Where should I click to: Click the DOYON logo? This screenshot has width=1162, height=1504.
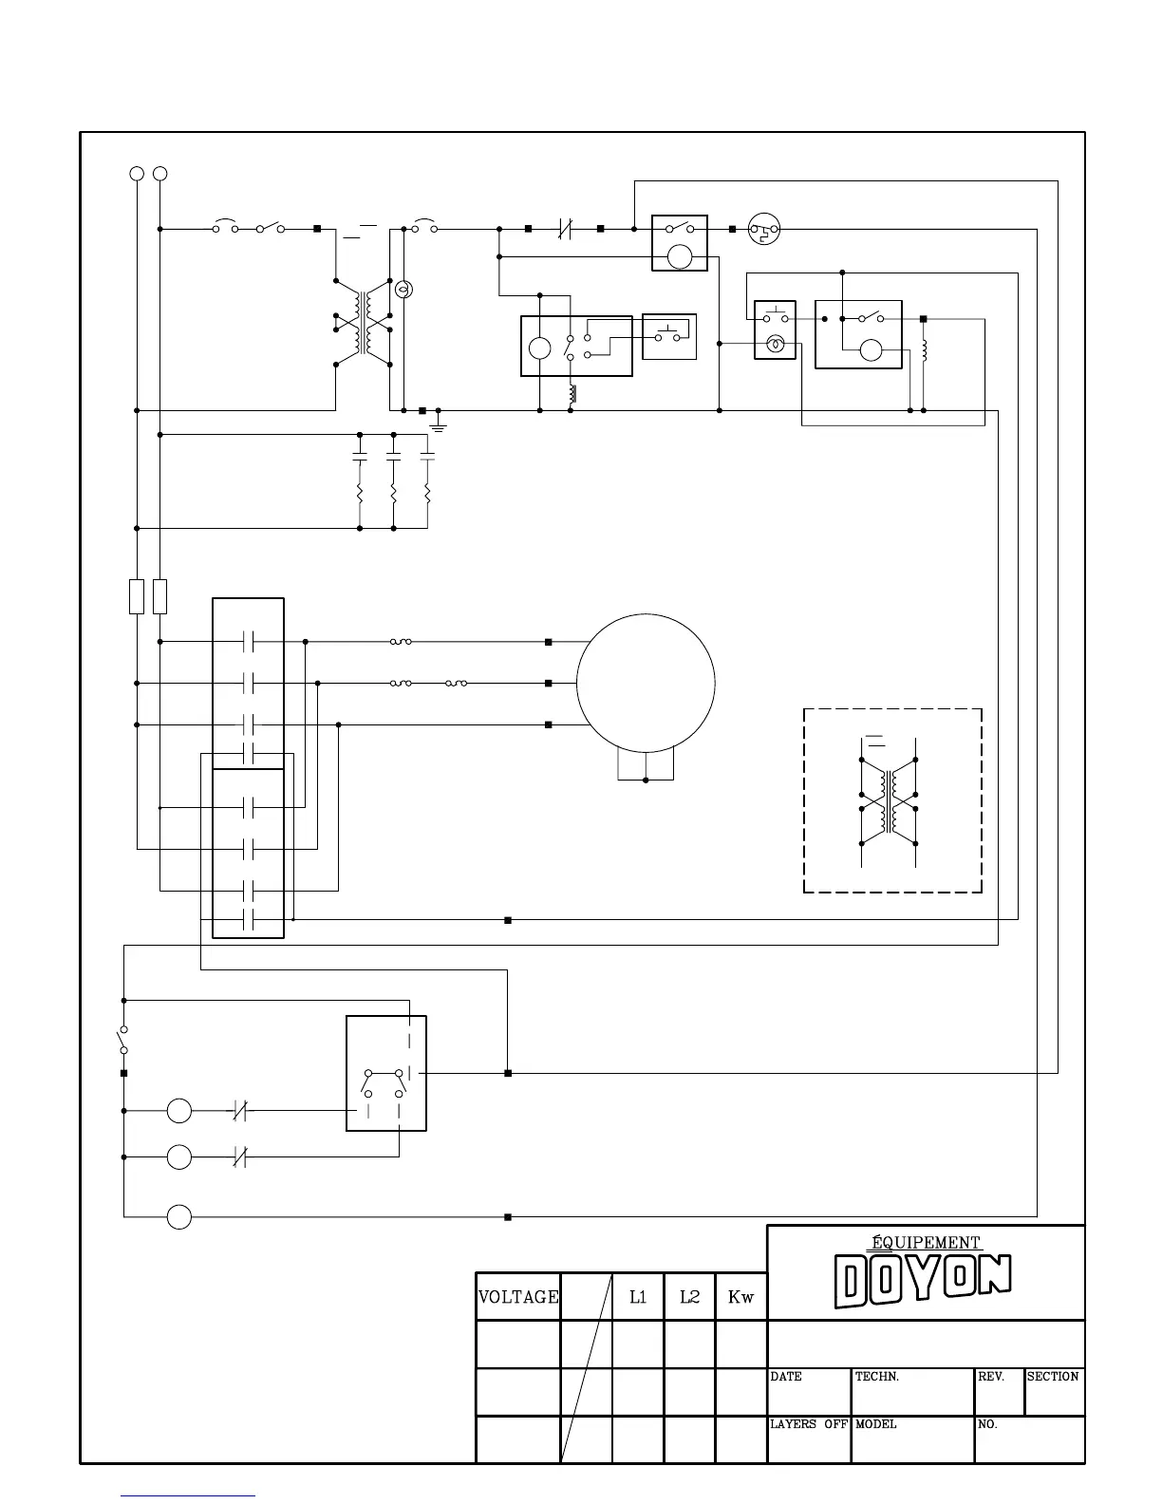tap(923, 1280)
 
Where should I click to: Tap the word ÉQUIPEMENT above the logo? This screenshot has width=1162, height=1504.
tap(926, 1242)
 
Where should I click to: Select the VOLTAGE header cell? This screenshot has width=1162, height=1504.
tap(517, 1297)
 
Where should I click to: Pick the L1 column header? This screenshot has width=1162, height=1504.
tap(638, 1297)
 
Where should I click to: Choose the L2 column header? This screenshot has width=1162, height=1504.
tap(689, 1297)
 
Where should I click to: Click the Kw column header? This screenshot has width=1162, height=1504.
tap(740, 1297)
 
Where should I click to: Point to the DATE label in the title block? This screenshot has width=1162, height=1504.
tap(786, 1377)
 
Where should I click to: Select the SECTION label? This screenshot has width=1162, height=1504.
tap(1053, 1377)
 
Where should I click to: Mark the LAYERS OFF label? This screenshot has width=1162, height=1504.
tap(808, 1424)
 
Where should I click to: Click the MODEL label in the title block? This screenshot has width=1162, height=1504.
tap(875, 1424)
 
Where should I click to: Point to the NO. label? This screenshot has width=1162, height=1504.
tap(987, 1424)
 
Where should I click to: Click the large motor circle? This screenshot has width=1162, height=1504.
tap(646, 684)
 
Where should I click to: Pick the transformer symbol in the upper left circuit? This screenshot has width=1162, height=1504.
tap(363, 323)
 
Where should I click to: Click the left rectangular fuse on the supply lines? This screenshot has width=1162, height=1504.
tap(137, 595)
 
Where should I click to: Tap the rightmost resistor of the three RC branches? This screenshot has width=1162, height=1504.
tap(427, 494)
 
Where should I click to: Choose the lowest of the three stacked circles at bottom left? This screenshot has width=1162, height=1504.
tap(179, 1216)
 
